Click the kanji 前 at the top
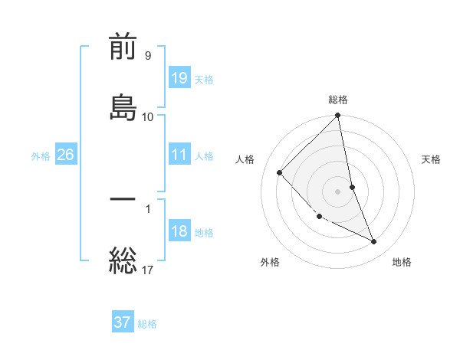coord(123,48)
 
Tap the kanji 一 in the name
coord(123,200)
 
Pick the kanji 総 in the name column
coord(123,260)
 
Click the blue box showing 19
coord(179,77)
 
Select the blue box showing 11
coord(179,155)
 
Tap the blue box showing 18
coord(179,232)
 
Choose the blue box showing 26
coord(65,155)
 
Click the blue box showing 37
coord(123,322)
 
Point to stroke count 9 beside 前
coord(147,55)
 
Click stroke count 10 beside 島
coord(147,116)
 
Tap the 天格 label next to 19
coord(204,79)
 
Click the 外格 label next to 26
coord(41,156)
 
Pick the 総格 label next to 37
coord(147,324)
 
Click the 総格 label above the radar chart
coord(338,100)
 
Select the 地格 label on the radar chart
coord(402,262)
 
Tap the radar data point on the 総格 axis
coord(338,116)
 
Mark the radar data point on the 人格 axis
coord(280,172)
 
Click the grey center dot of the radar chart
coord(338,191)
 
